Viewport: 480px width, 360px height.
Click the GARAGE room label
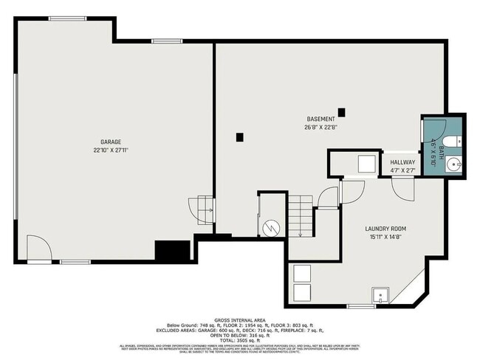pyautogui.click(x=111, y=142)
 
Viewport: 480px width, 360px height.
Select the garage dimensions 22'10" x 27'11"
pyautogui.click(x=111, y=150)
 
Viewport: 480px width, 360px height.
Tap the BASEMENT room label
pyautogui.click(x=321, y=119)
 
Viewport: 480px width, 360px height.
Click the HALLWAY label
pyautogui.click(x=402, y=162)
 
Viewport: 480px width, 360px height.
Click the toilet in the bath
pyautogui.click(x=454, y=140)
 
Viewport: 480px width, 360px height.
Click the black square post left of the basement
pyautogui.click(x=239, y=136)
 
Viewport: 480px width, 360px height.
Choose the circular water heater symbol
pyautogui.click(x=271, y=228)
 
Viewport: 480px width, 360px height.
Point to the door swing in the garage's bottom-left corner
pyautogui.click(x=37, y=248)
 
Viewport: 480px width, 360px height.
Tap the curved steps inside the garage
pyautogui.click(x=202, y=210)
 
